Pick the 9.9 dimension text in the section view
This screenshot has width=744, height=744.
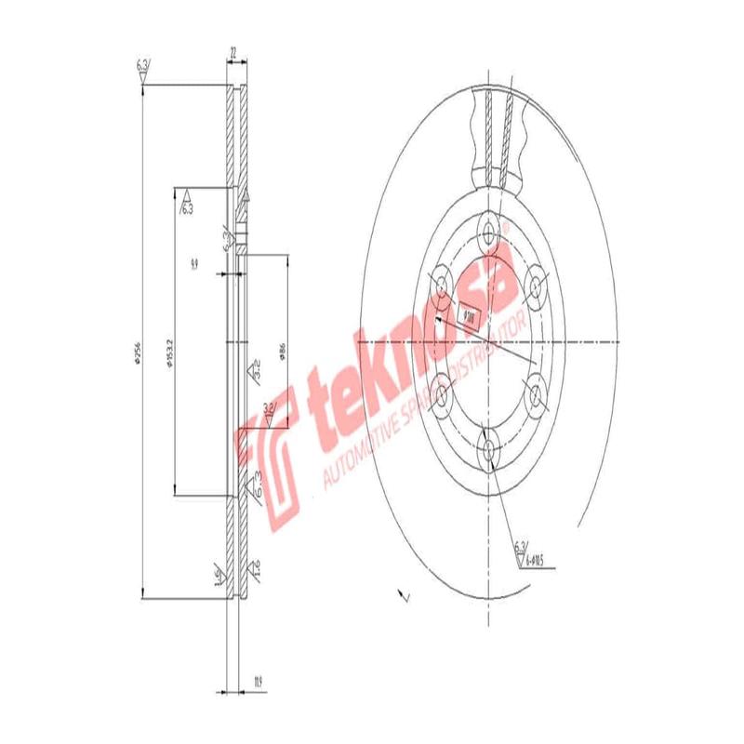pyautogui.click(x=193, y=265)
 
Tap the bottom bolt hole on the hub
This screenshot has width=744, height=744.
pyautogui.click(x=489, y=450)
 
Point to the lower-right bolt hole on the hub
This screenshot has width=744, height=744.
pyautogui.click(x=536, y=396)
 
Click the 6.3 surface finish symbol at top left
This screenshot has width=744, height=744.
pyautogui.click(x=143, y=69)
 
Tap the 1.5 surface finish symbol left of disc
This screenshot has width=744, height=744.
pyautogui.click(x=218, y=576)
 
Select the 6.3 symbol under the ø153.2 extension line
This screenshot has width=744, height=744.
pyautogui.click(x=186, y=202)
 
